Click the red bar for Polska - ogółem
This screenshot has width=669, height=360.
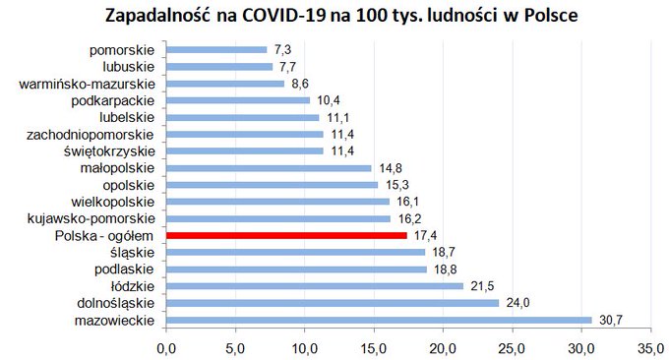coord(286,235)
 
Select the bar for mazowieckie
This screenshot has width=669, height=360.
coord(379,320)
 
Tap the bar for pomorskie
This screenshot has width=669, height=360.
coord(216,50)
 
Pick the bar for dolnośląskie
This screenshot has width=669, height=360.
coord(333,303)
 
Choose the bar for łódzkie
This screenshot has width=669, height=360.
coord(315,286)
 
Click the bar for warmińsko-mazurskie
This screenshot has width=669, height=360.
coord(225,84)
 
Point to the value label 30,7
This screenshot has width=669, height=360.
coord(611,320)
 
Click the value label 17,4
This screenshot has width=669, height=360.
coord(425,235)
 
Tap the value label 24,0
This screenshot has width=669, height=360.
coord(517,303)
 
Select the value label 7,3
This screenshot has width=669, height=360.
coord(283,50)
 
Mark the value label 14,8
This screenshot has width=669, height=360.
coord(391,168)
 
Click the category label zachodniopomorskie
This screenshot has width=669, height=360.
coord(91,135)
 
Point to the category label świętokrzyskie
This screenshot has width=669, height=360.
coord(109,151)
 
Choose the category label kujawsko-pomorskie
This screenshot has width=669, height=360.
coord(91,218)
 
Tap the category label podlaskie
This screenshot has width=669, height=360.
coord(124,270)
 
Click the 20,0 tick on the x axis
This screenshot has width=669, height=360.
coord(443,349)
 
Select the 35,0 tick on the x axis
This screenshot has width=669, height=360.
coord(650,349)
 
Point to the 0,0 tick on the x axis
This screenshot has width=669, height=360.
coord(166,349)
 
